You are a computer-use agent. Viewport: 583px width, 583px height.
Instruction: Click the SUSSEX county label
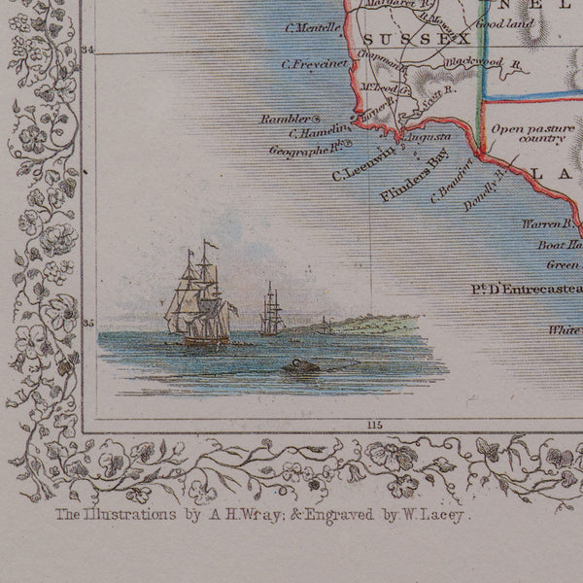403,39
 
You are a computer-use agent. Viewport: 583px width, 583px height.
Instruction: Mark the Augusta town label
428,139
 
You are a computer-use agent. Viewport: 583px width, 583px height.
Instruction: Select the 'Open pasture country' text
528,134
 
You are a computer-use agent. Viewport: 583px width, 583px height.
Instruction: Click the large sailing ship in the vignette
199,301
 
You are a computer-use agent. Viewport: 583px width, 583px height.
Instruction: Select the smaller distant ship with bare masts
271,313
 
